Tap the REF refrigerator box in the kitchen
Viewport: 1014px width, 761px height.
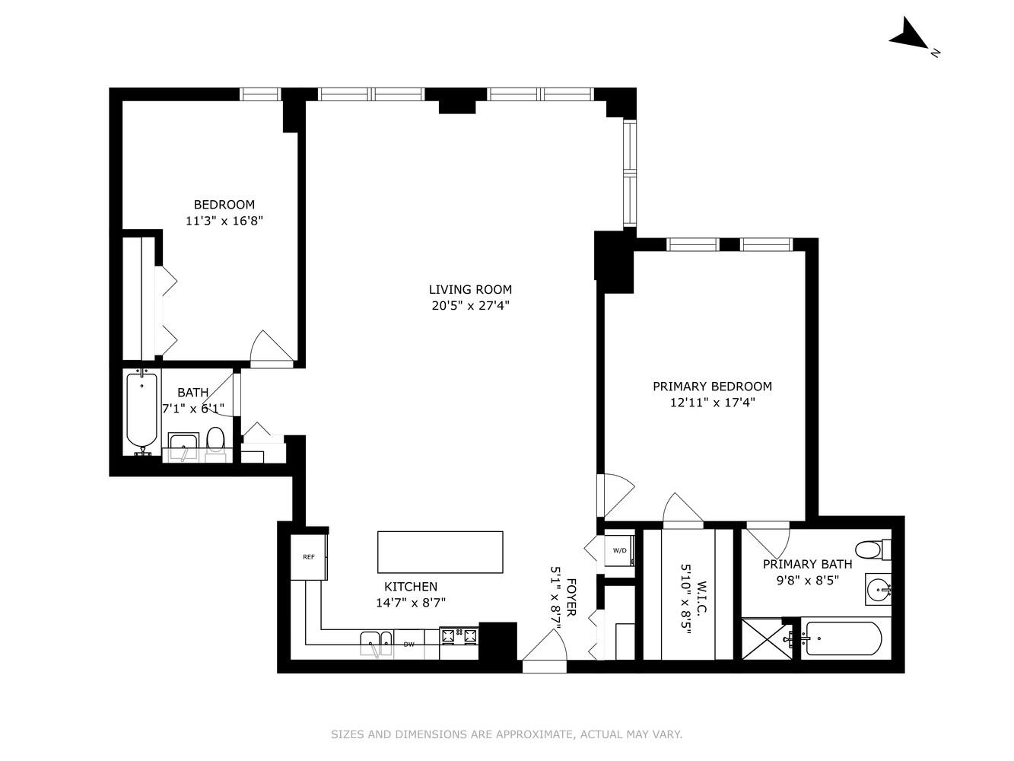[308, 557]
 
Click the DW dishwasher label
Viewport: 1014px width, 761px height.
[408, 645]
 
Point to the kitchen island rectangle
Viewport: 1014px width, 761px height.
[440, 552]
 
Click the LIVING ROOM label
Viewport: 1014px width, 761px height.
[470, 289]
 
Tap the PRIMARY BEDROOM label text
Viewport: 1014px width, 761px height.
[712, 387]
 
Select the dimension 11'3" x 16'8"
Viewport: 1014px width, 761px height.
[224, 221]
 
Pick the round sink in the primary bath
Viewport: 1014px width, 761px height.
[879, 588]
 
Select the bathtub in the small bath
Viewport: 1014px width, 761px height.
[141, 411]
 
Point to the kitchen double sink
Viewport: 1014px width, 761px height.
[377, 643]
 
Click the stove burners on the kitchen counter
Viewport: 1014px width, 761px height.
[459, 635]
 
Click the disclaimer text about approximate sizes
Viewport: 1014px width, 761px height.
[507, 734]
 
